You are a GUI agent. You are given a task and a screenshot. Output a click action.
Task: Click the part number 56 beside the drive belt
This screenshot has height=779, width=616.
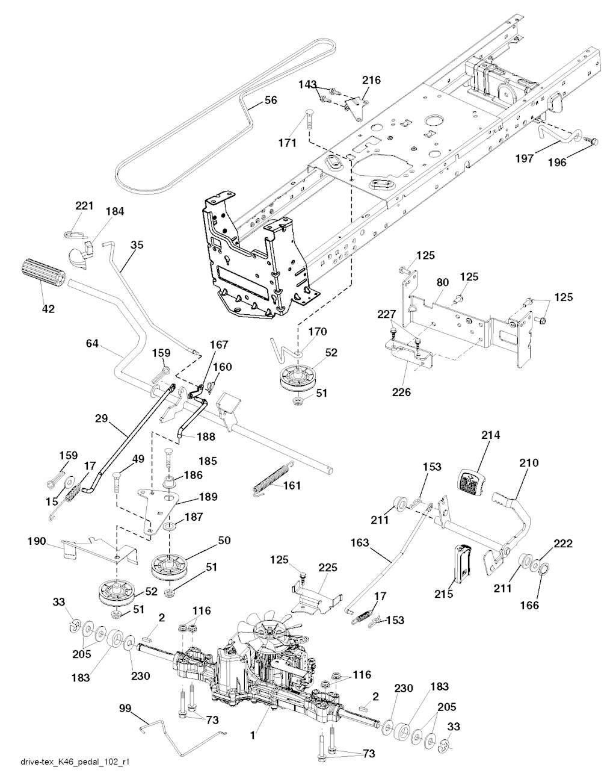[x=271, y=101]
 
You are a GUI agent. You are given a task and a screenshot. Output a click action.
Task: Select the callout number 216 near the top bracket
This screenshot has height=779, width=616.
[x=371, y=80]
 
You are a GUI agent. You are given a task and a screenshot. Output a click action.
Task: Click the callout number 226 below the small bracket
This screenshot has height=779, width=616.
[x=401, y=393]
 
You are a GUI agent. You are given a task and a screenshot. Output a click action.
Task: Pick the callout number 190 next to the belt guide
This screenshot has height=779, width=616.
[x=37, y=541]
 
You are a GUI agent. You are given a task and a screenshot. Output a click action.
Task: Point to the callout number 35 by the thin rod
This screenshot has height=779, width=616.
[x=137, y=245]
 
